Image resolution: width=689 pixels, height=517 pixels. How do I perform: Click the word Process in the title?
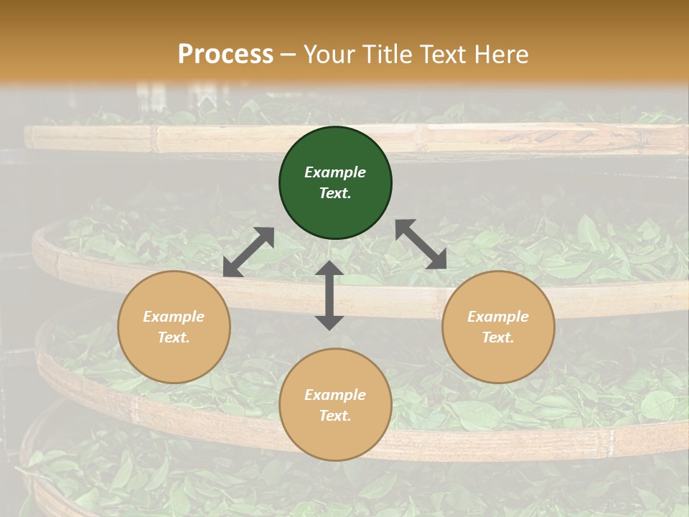tap(225, 55)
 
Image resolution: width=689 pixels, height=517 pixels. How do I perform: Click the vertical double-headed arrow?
tap(329, 295)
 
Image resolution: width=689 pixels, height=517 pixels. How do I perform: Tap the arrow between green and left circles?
tap(248, 252)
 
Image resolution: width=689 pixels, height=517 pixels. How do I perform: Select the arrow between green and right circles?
tap(421, 244)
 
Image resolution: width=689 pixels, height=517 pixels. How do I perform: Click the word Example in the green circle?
tap(335, 172)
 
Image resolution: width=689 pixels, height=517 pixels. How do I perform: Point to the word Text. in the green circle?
tap(335, 193)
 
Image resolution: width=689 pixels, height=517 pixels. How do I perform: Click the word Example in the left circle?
tap(174, 317)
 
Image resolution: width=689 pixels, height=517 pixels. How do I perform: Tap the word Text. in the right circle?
tap(498, 337)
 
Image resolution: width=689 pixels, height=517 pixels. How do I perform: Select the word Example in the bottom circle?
tap(335, 395)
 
